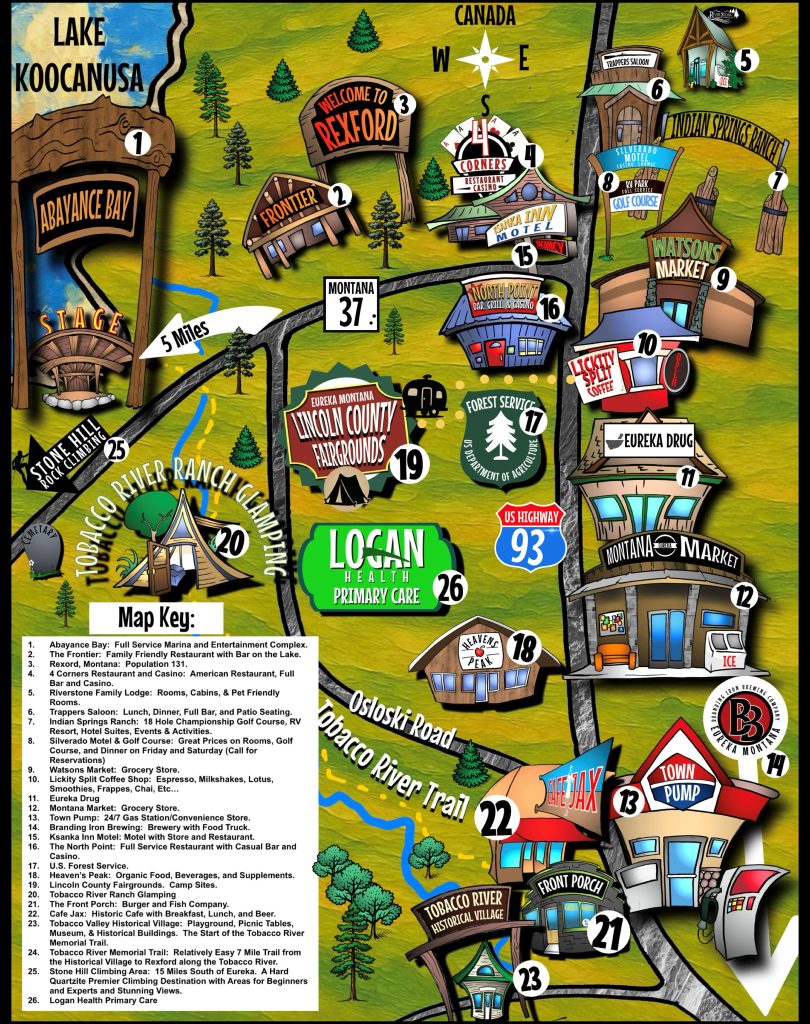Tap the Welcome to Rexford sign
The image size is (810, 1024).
(x=353, y=118)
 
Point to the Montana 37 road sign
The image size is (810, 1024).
(x=352, y=301)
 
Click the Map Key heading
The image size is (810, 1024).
(x=156, y=614)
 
